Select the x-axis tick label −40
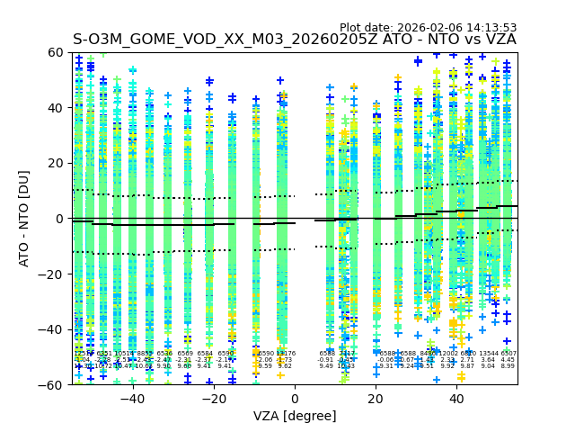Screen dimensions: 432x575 click(132, 400)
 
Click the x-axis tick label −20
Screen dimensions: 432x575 click(213, 400)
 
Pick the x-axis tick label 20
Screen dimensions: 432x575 click(376, 400)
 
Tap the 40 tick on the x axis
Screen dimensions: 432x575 click(456, 400)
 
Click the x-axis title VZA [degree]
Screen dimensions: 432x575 click(295, 416)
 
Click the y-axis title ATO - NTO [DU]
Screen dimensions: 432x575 click(25, 219)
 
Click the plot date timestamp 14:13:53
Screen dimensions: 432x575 click(491, 28)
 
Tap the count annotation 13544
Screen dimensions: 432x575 click(488, 354)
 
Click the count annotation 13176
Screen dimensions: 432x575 click(285, 354)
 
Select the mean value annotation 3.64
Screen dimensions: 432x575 click(488, 360)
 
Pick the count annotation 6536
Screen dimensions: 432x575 click(164, 354)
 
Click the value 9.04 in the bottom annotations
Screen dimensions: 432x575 click(488, 366)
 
